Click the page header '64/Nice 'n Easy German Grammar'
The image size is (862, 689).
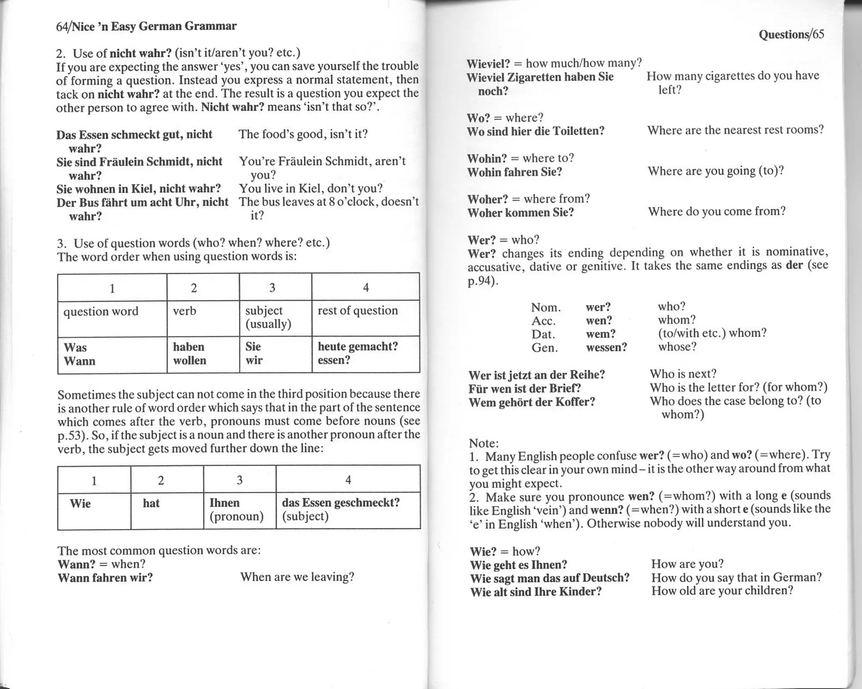tap(146, 27)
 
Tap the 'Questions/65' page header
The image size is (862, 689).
tap(791, 35)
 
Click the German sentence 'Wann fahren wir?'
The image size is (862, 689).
tap(105, 577)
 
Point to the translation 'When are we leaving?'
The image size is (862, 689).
tap(297, 577)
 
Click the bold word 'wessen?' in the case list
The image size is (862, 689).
tap(606, 347)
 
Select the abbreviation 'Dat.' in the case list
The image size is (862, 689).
tap(543, 334)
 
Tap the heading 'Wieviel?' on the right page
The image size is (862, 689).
tap(488, 64)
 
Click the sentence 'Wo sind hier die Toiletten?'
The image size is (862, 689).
tap(535, 131)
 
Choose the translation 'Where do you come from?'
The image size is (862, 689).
tap(716, 211)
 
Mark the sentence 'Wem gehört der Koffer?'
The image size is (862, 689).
tap(532, 402)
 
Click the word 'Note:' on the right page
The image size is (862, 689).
tap(484, 443)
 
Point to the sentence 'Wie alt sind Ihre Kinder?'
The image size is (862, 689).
tap(535, 592)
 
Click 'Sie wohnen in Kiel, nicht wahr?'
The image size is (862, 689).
tap(139, 189)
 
